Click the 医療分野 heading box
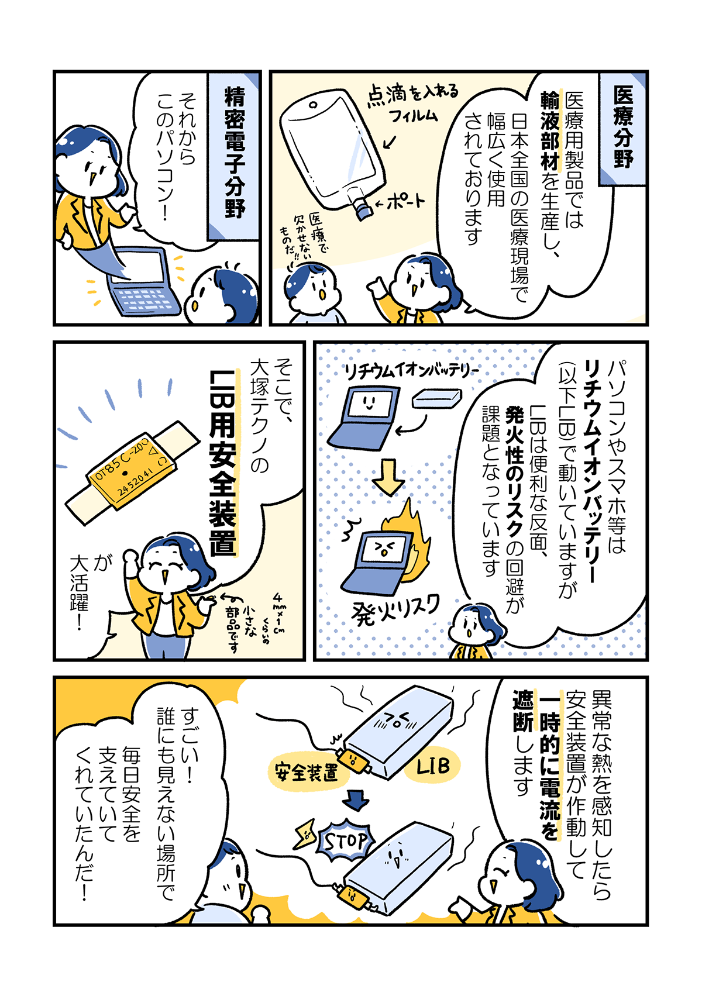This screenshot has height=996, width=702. point(622,128)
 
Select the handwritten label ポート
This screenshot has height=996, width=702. point(400,203)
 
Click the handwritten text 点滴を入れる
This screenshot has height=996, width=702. point(412,95)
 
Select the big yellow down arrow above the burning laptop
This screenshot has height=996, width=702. point(388,477)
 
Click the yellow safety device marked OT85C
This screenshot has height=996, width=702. point(132,471)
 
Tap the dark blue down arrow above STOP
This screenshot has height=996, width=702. point(356,801)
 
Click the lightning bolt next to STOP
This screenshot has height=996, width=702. point(304,832)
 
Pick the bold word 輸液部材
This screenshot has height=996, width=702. point(550,131)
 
